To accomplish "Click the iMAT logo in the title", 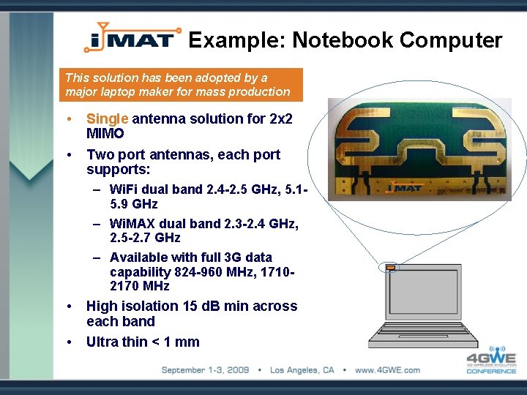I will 132,37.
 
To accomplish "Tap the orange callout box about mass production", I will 181,85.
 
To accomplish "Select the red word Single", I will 108,118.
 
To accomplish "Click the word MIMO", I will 105,134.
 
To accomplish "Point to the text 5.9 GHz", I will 134,204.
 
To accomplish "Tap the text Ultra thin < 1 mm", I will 143,342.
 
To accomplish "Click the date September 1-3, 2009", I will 211,370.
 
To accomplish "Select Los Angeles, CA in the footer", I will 302,370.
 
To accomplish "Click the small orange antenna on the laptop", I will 391,268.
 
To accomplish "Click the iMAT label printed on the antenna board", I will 404,188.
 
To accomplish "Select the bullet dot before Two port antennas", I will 68,155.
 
